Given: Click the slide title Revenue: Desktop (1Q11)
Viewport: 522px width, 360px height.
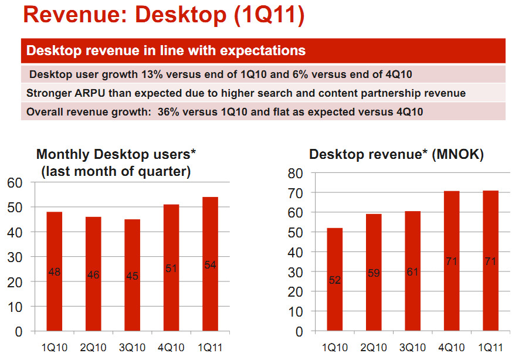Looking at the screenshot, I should (x=164, y=15).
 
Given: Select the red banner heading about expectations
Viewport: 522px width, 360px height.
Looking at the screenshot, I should (x=166, y=50).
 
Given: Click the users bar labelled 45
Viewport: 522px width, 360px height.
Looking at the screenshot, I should (x=132, y=275).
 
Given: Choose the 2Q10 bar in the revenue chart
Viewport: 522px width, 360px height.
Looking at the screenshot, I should (x=373, y=273).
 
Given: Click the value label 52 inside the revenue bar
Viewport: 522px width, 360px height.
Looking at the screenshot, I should (x=334, y=280).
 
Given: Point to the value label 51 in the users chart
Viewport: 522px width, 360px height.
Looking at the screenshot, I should (x=171, y=269).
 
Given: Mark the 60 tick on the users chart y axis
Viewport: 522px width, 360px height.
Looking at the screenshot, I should (x=15, y=183).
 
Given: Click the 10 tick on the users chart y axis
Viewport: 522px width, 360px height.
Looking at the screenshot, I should (x=15, y=307).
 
